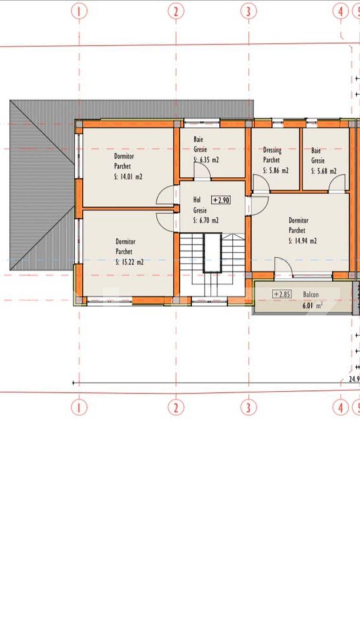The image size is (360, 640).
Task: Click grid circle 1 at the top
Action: [x=79, y=11]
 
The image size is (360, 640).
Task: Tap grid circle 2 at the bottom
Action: [x=176, y=408]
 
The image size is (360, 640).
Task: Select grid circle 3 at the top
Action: [x=248, y=11]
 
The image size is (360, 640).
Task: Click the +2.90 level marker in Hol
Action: [x=221, y=200]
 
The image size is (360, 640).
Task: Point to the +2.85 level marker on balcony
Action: [x=282, y=294]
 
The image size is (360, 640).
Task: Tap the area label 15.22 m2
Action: [x=130, y=262]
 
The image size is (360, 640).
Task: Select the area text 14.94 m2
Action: [x=303, y=241]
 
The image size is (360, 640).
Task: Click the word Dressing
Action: [x=272, y=150]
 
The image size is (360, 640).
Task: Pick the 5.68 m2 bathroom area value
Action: [x=324, y=171]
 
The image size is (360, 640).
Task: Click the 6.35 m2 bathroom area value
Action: [x=207, y=160]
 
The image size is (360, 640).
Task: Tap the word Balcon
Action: [x=311, y=294]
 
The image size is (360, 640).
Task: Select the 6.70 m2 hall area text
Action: [x=206, y=220]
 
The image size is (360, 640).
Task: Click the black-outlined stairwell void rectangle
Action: [x=212, y=253]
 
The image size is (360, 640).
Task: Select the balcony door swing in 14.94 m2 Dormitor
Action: [x=283, y=266]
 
